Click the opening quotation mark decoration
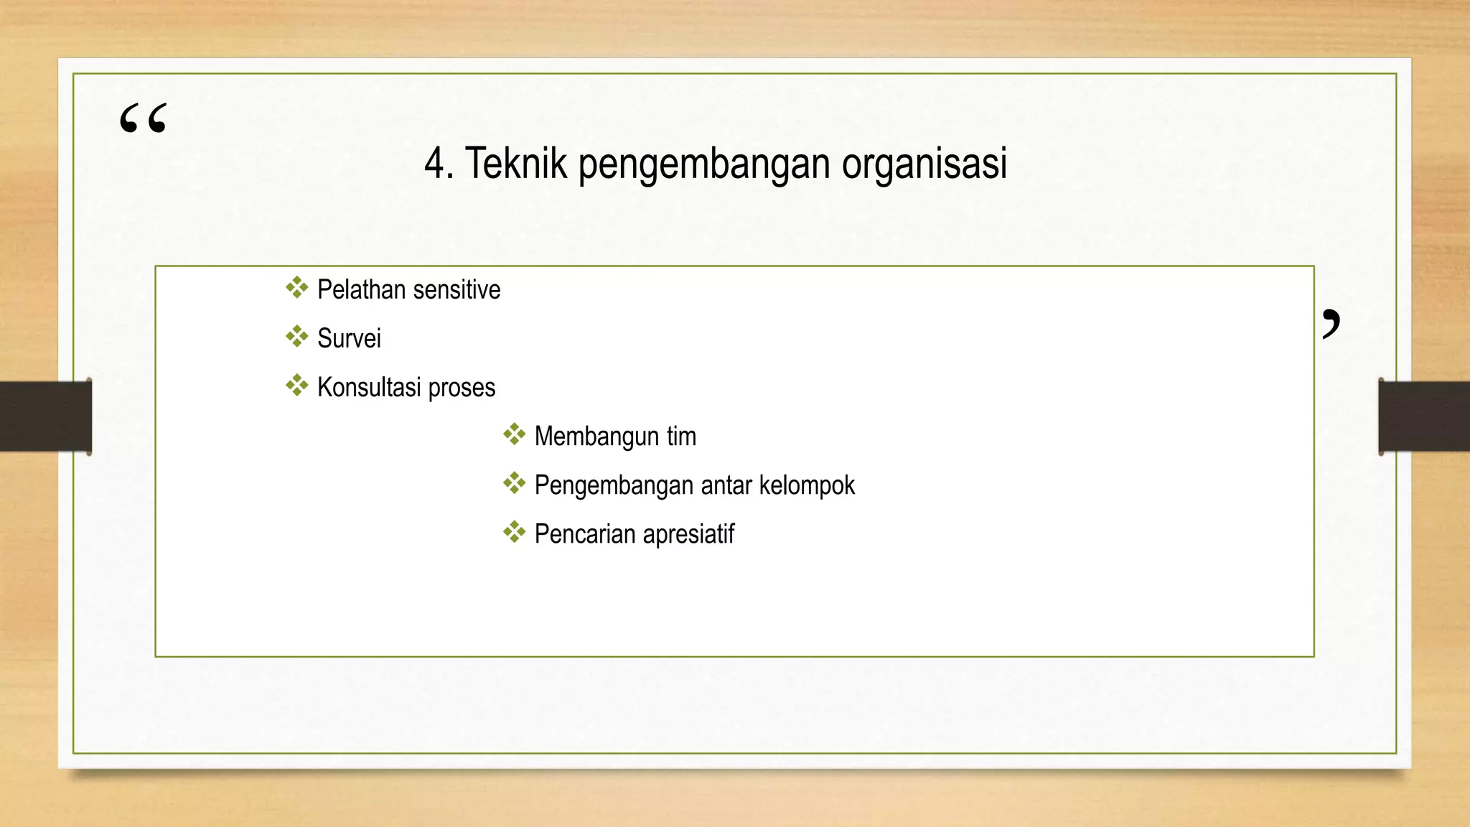click(144, 118)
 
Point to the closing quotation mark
click(1331, 324)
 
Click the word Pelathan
click(362, 290)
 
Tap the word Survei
click(349, 339)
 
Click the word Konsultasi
click(369, 388)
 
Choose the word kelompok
click(807, 485)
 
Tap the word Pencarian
click(585, 534)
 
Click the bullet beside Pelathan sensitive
click(296, 288)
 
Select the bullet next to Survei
click(296, 337)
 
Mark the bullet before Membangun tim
click(514, 434)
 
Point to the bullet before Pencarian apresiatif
click(514, 532)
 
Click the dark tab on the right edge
click(1424, 416)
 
